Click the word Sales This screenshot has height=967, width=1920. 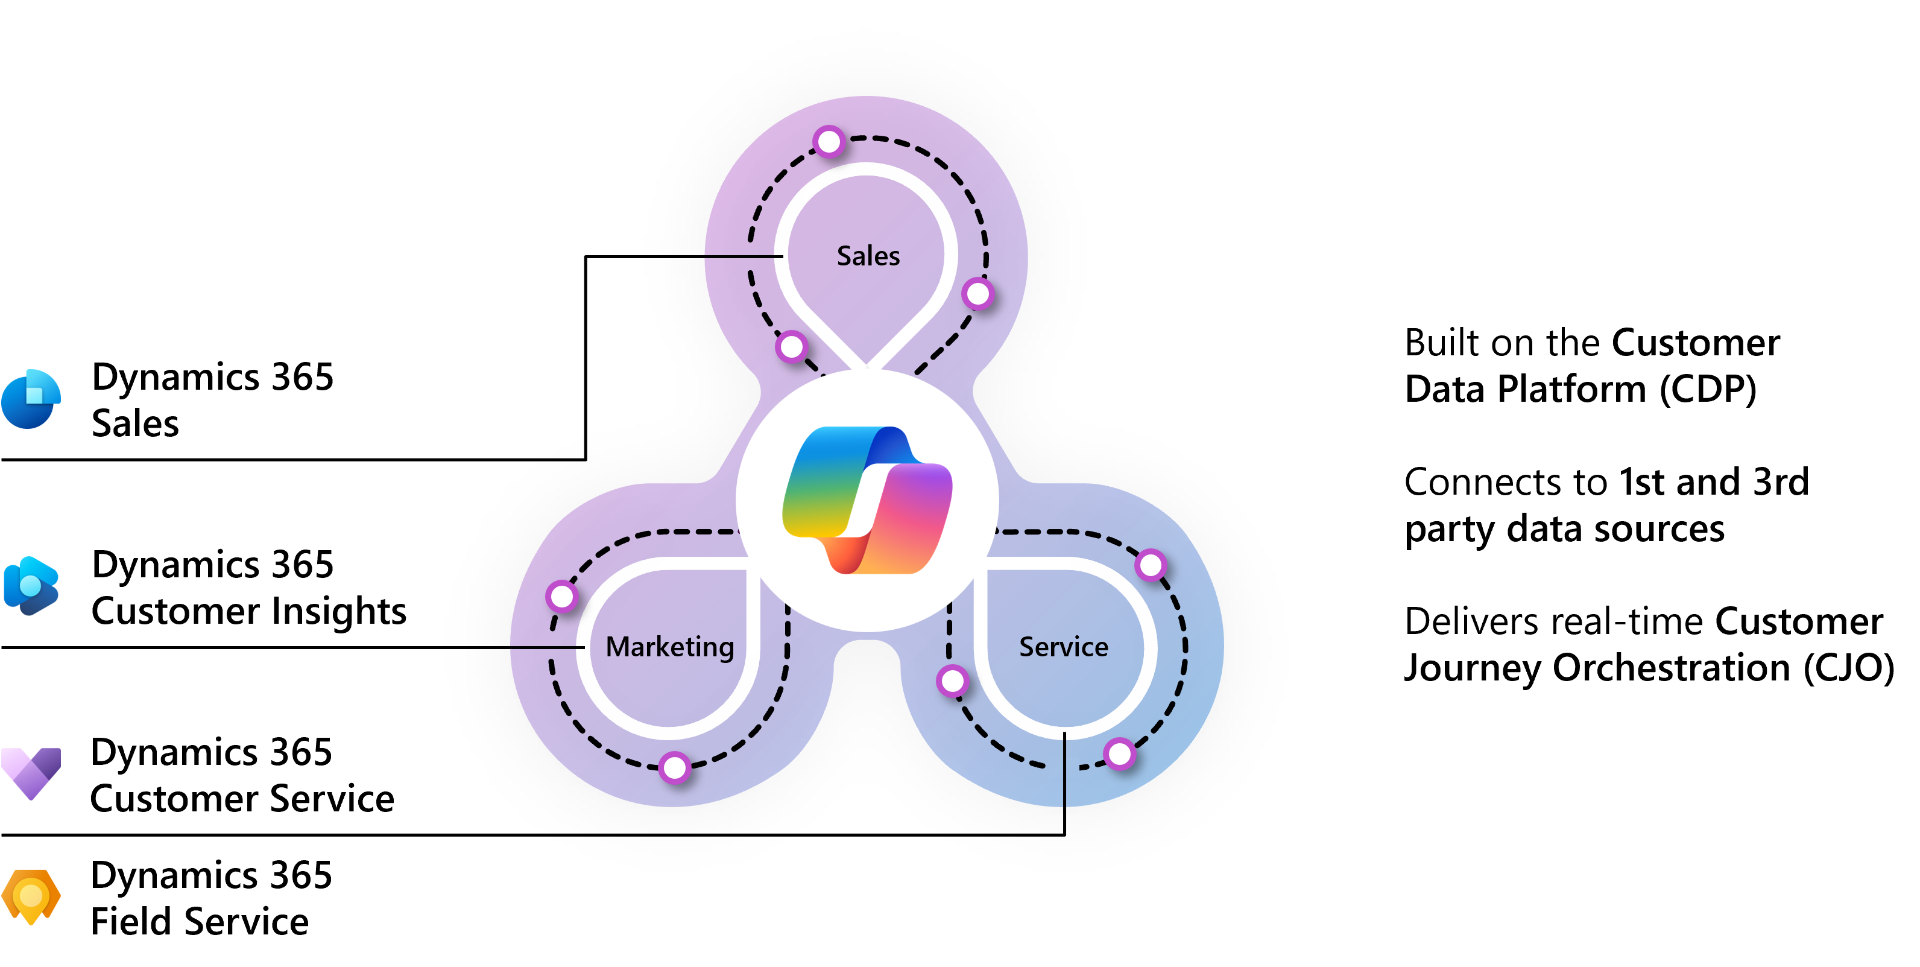click(x=868, y=256)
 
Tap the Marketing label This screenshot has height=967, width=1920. click(x=669, y=647)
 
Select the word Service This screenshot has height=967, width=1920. click(x=1064, y=647)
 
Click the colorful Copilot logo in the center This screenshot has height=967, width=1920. click(x=867, y=500)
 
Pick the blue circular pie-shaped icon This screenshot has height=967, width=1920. click(x=31, y=399)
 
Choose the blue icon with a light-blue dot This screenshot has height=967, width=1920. click(x=31, y=585)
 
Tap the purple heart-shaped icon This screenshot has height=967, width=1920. click(x=31, y=772)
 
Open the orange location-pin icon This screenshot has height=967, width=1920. click(x=31, y=896)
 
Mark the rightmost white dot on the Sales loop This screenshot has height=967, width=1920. click(x=978, y=294)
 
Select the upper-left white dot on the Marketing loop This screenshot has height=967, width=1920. click(x=562, y=597)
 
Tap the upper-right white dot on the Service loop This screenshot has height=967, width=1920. click(x=1151, y=565)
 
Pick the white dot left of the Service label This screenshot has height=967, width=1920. click(x=953, y=680)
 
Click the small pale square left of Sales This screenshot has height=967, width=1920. click(x=748, y=257)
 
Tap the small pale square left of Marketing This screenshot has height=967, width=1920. click(x=551, y=645)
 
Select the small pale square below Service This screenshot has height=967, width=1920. click(x=1064, y=767)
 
